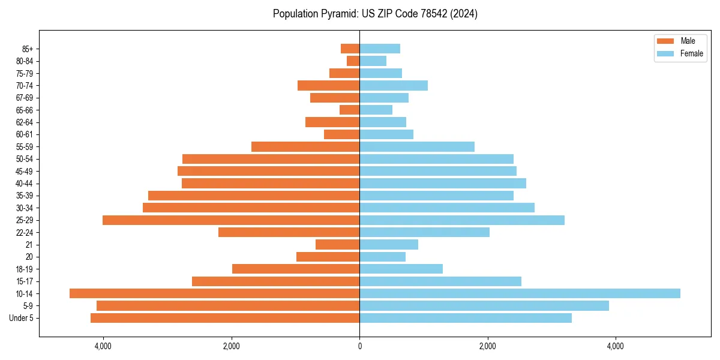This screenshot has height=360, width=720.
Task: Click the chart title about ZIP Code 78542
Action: pyautogui.click(x=375, y=14)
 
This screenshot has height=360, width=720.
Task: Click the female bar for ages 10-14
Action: pyautogui.click(x=520, y=293)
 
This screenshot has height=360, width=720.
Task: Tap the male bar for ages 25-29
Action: pyautogui.click(x=231, y=220)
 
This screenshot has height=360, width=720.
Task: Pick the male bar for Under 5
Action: pyautogui.click(x=225, y=318)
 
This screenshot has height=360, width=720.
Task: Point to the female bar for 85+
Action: pyautogui.click(x=380, y=49)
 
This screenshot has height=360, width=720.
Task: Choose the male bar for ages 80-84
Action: pyautogui.click(x=353, y=61)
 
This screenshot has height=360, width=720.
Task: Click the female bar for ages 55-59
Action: pyautogui.click(x=417, y=147)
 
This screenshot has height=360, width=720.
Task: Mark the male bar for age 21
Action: pyautogui.click(x=338, y=245)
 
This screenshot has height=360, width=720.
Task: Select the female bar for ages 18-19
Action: pyautogui.click(x=401, y=269)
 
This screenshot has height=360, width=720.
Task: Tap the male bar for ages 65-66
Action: pyautogui.click(x=350, y=110)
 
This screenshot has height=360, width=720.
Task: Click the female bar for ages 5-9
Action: pyautogui.click(x=484, y=306)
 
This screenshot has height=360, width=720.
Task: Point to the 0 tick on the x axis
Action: pyautogui.click(x=359, y=346)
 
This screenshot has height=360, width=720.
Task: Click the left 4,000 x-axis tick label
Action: pyautogui.click(x=103, y=346)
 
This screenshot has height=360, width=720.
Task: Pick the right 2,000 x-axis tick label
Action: pyautogui.click(x=488, y=346)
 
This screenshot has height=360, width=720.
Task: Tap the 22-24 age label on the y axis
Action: pyautogui.click(x=25, y=233)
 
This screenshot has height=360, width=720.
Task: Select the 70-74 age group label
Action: pyautogui.click(x=25, y=86)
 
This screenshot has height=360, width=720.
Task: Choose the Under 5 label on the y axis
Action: pyautogui.click(x=22, y=318)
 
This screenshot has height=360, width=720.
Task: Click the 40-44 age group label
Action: pyautogui.click(x=25, y=184)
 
